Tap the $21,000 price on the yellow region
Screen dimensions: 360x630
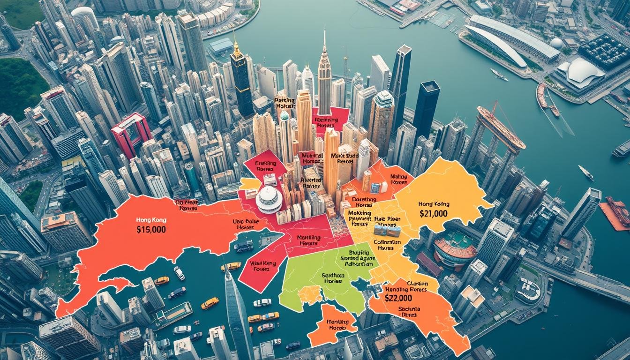(x=433, y=214)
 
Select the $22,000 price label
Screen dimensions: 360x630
(x=398, y=298)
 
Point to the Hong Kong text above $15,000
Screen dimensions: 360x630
(x=151, y=219)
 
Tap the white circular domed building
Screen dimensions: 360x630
(x=269, y=199)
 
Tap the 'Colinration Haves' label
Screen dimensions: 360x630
(x=387, y=245)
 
